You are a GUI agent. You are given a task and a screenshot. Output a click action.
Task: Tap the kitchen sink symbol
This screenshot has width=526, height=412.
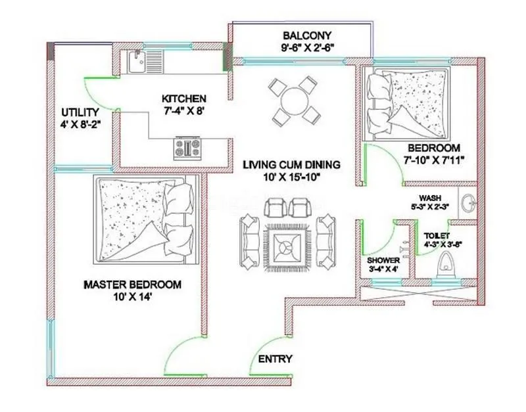[138, 62]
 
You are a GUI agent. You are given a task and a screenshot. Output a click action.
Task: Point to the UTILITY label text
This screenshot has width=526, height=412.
[80, 112]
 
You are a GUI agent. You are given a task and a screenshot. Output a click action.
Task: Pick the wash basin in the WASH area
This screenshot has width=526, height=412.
[469, 202]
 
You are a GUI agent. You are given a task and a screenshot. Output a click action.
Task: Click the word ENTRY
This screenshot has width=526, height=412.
[275, 359]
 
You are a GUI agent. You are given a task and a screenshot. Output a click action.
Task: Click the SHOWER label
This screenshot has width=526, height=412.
[383, 260]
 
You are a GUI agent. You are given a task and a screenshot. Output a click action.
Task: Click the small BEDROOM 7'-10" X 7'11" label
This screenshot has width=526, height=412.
[434, 148]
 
